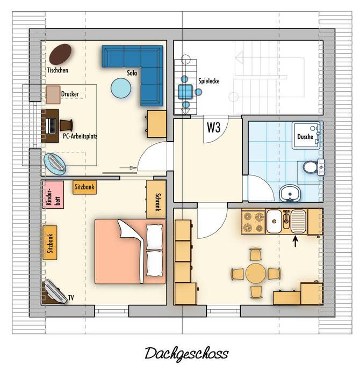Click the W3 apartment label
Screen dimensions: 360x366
[213, 127]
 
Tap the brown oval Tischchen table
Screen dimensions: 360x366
[60, 54]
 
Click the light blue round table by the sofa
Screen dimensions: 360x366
[120, 88]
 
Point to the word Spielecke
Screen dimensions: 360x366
[209, 81]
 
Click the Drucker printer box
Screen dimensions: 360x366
[53, 94]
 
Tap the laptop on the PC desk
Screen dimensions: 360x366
[51, 126]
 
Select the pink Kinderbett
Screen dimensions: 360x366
[53, 195]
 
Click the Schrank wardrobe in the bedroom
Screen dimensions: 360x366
[156, 199]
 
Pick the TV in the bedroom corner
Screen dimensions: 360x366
[56, 291]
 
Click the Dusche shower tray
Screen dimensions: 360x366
[306, 135]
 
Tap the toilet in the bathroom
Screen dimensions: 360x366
[311, 167]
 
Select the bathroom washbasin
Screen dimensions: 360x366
[290, 193]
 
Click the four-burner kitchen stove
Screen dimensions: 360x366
[254, 222]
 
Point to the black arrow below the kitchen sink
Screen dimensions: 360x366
[296, 241]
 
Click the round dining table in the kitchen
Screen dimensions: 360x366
[256, 273]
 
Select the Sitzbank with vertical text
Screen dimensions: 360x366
[50, 243]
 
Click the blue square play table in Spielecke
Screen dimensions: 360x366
[185, 92]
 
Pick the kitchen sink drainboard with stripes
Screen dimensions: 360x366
[299, 221]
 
